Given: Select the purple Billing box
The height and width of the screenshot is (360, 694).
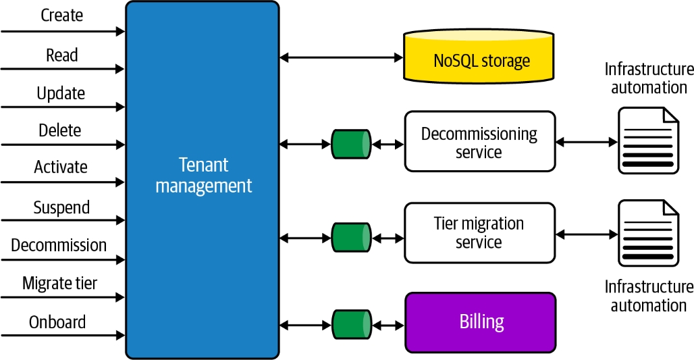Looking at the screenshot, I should click(480, 322).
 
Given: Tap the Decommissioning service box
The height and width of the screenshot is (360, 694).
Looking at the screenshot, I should click(479, 142).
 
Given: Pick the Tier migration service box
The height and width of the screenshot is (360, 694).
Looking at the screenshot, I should click(479, 232).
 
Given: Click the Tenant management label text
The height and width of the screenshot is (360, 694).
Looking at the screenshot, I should click(203, 175).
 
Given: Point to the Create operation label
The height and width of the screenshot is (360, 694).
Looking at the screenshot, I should click(62, 16).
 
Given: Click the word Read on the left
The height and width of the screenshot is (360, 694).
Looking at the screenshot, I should click(62, 55).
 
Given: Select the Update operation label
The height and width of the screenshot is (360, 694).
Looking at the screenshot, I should click(61, 93).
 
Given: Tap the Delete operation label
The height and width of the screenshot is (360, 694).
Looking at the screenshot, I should click(60, 130).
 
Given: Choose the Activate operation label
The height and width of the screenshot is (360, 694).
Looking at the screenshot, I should click(61, 167).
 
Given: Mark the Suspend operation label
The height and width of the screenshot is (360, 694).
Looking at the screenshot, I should click(61, 207).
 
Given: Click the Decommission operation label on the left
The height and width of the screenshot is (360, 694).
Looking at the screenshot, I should click(59, 245).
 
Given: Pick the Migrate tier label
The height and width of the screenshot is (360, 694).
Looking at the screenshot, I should click(59, 283).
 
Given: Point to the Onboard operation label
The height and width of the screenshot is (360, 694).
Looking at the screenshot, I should click(57, 322).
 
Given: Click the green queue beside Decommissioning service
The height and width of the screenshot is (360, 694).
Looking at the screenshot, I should click(351, 144).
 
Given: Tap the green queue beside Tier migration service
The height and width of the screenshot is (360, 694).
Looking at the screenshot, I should click(351, 238).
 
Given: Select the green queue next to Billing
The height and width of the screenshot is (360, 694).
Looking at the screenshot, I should click(351, 324).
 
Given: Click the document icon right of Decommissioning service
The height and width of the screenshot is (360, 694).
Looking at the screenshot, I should click(648, 141).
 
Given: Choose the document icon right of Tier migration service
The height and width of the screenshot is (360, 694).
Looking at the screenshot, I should click(648, 234).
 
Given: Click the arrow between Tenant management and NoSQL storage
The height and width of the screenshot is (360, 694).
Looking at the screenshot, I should click(341, 58).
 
